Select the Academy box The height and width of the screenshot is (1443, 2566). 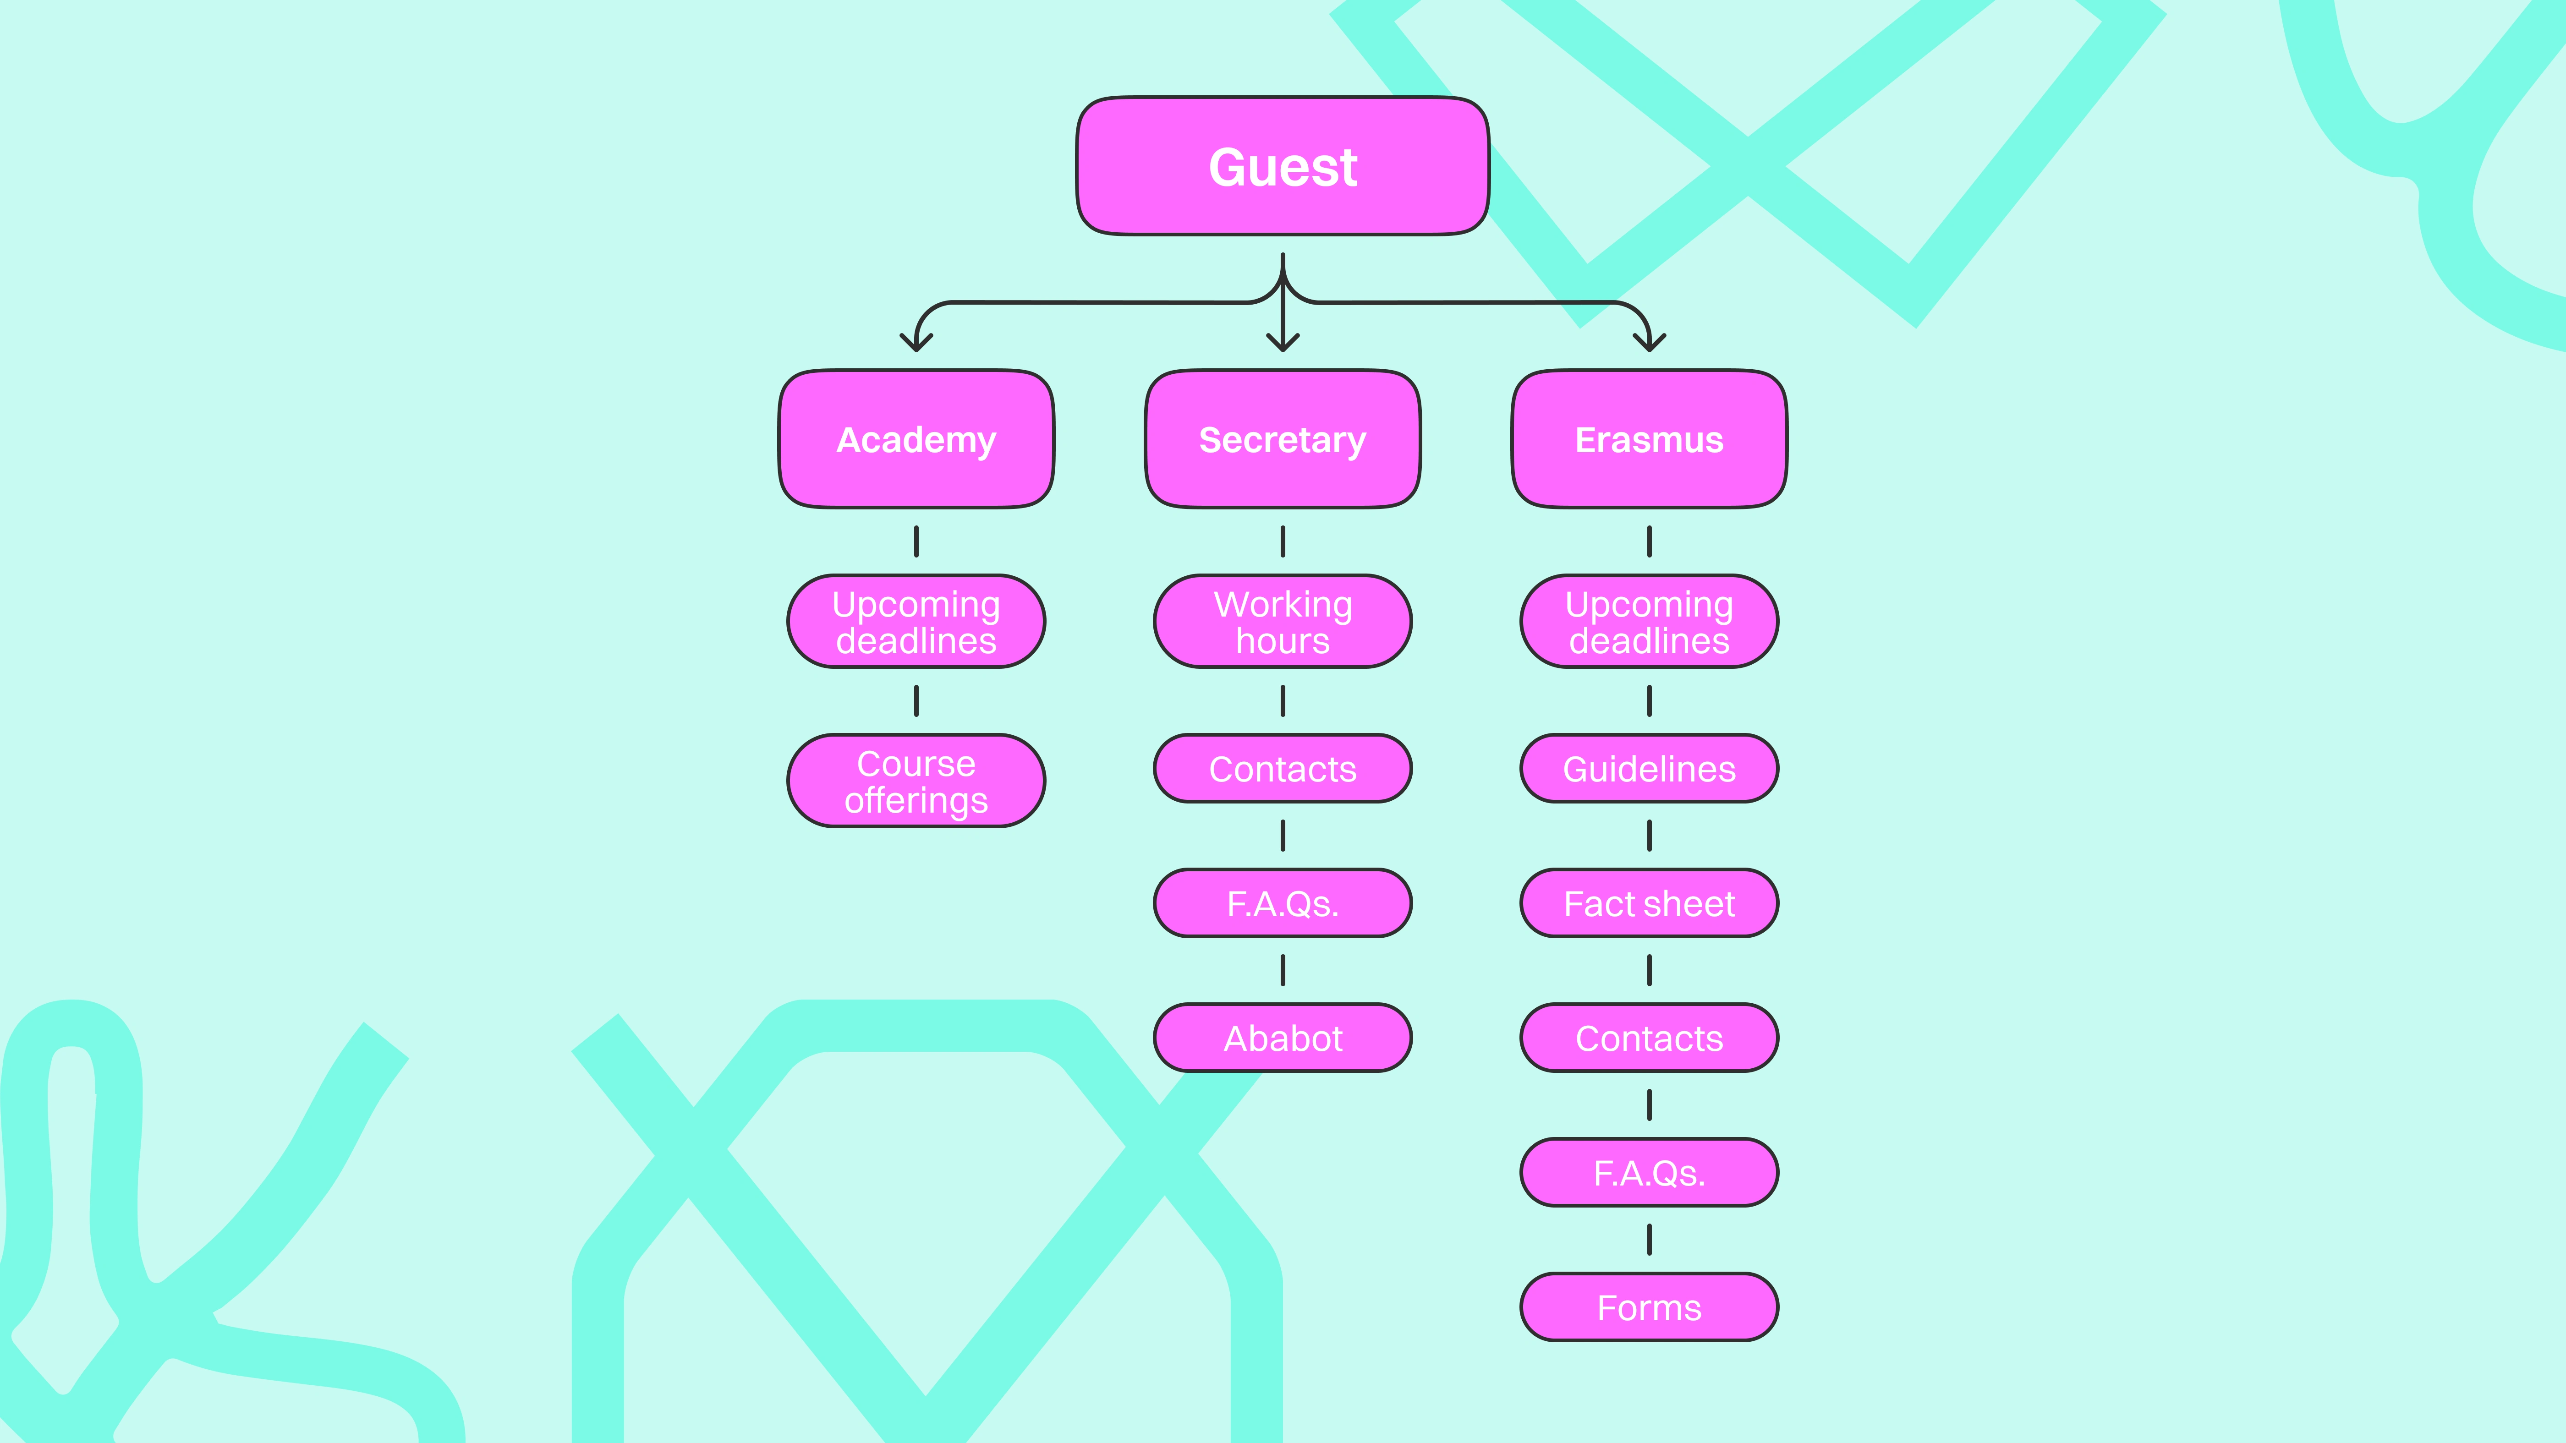(916, 439)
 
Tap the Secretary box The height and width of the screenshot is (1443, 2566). (1283, 439)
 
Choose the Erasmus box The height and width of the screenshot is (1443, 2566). (1650, 439)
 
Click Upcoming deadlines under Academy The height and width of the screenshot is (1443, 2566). (916, 622)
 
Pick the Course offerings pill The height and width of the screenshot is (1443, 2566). (916, 781)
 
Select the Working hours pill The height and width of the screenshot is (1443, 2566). (1283, 622)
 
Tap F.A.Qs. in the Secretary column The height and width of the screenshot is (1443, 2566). (1283, 903)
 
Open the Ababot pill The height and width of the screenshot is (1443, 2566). (1283, 1038)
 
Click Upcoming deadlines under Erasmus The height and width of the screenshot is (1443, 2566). (1650, 622)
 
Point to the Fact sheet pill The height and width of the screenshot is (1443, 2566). (1650, 903)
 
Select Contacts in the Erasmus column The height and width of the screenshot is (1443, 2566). (1650, 1038)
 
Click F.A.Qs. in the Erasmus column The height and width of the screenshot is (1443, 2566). (1650, 1172)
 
